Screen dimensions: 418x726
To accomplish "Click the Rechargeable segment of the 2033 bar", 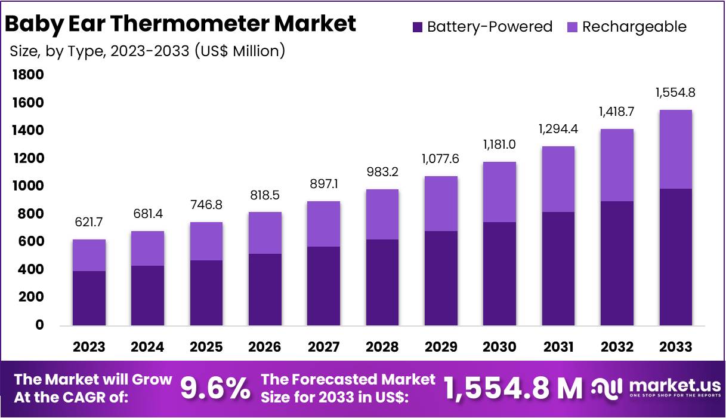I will [x=675, y=149].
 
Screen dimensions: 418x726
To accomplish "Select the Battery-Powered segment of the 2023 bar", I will [x=89, y=298].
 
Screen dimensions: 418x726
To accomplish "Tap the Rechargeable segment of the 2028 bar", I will [x=382, y=214].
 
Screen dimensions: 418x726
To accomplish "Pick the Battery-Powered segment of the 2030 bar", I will [x=499, y=273].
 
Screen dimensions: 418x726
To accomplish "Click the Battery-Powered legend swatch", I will [x=417, y=27].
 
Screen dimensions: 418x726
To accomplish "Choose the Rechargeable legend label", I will [x=634, y=27].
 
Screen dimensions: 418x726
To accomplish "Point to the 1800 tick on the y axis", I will [x=27, y=75].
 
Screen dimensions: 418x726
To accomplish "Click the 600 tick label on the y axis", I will [x=27, y=242].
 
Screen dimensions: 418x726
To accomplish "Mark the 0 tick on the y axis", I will [x=39, y=325].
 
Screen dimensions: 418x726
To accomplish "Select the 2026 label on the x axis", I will [x=264, y=347].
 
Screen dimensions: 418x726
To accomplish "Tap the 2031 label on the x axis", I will [x=558, y=347].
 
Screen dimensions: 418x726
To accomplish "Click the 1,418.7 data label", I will [x=617, y=112].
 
